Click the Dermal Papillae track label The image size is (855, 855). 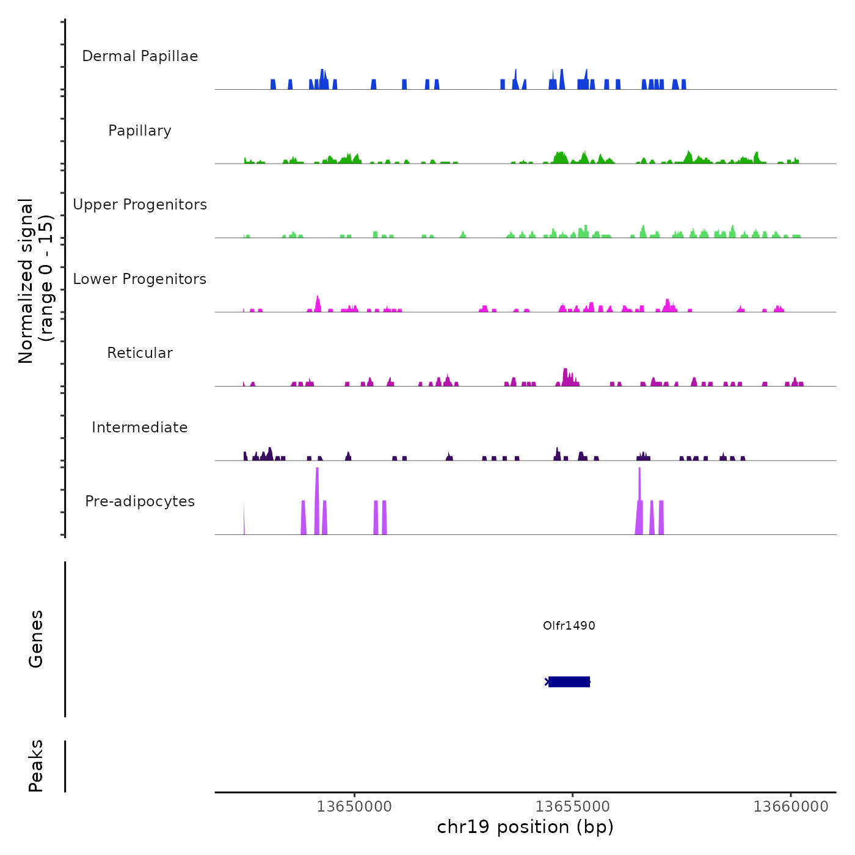pyautogui.click(x=140, y=56)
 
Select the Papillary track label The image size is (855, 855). pyautogui.click(x=140, y=131)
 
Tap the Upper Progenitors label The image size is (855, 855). pyautogui.click(x=140, y=205)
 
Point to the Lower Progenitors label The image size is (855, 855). pyautogui.click(x=140, y=279)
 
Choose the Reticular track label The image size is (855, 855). pyautogui.click(x=140, y=353)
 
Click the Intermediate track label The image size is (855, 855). pyautogui.click(x=140, y=428)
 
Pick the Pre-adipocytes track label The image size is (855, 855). pyautogui.click(x=140, y=501)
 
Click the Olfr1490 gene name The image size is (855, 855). pyautogui.click(x=569, y=625)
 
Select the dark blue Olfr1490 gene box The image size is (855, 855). pyautogui.click(x=569, y=682)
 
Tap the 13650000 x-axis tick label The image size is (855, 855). pyautogui.click(x=354, y=807)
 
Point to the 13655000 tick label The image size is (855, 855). pyautogui.click(x=573, y=807)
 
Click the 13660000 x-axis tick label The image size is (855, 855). pyautogui.click(x=791, y=807)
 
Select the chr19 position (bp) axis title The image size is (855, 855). pyautogui.click(x=525, y=827)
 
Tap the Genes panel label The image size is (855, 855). pyautogui.click(x=36, y=639)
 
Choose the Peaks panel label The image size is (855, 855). pyautogui.click(x=36, y=766)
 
